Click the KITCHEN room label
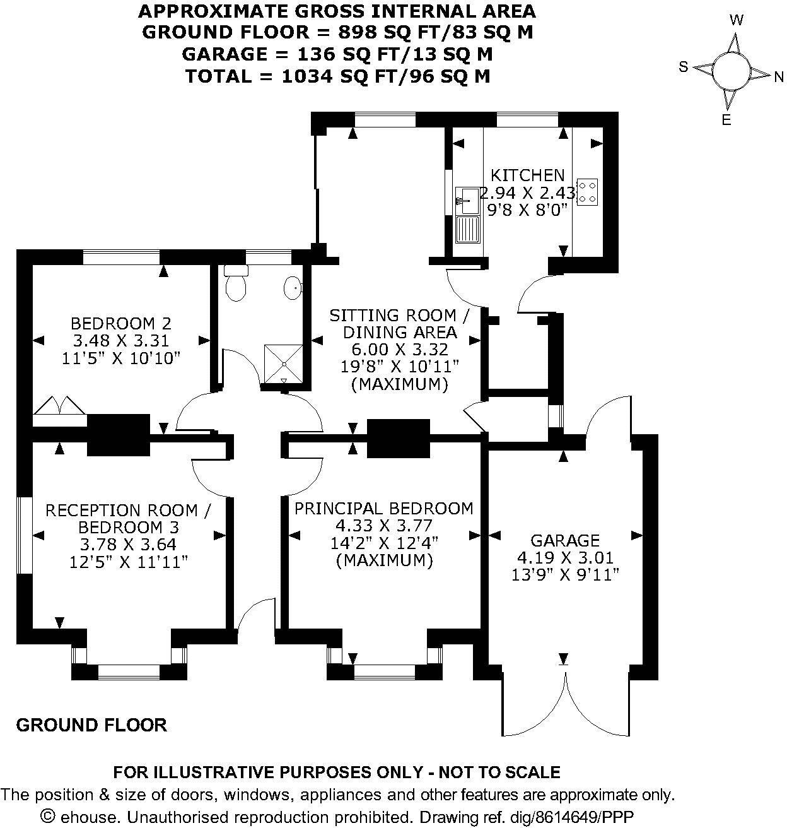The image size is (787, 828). click(x=527, y=175)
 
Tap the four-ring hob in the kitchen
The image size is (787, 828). click(x=588, y=192)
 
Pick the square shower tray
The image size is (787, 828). click(x=283, y=364)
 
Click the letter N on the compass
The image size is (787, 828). click(x=779, y=76)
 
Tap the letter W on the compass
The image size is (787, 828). click(x=736, y=20)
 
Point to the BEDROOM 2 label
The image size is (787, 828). click(x=120, y=324)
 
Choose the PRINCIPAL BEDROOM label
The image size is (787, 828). click(x=384, y=508)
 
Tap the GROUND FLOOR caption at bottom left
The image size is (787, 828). click(x=91, y=725)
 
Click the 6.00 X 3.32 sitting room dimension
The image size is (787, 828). click(x=399, y=349)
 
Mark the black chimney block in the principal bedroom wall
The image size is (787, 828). click(x=398, y=438)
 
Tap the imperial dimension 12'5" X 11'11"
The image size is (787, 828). click(x=129, y=561)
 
